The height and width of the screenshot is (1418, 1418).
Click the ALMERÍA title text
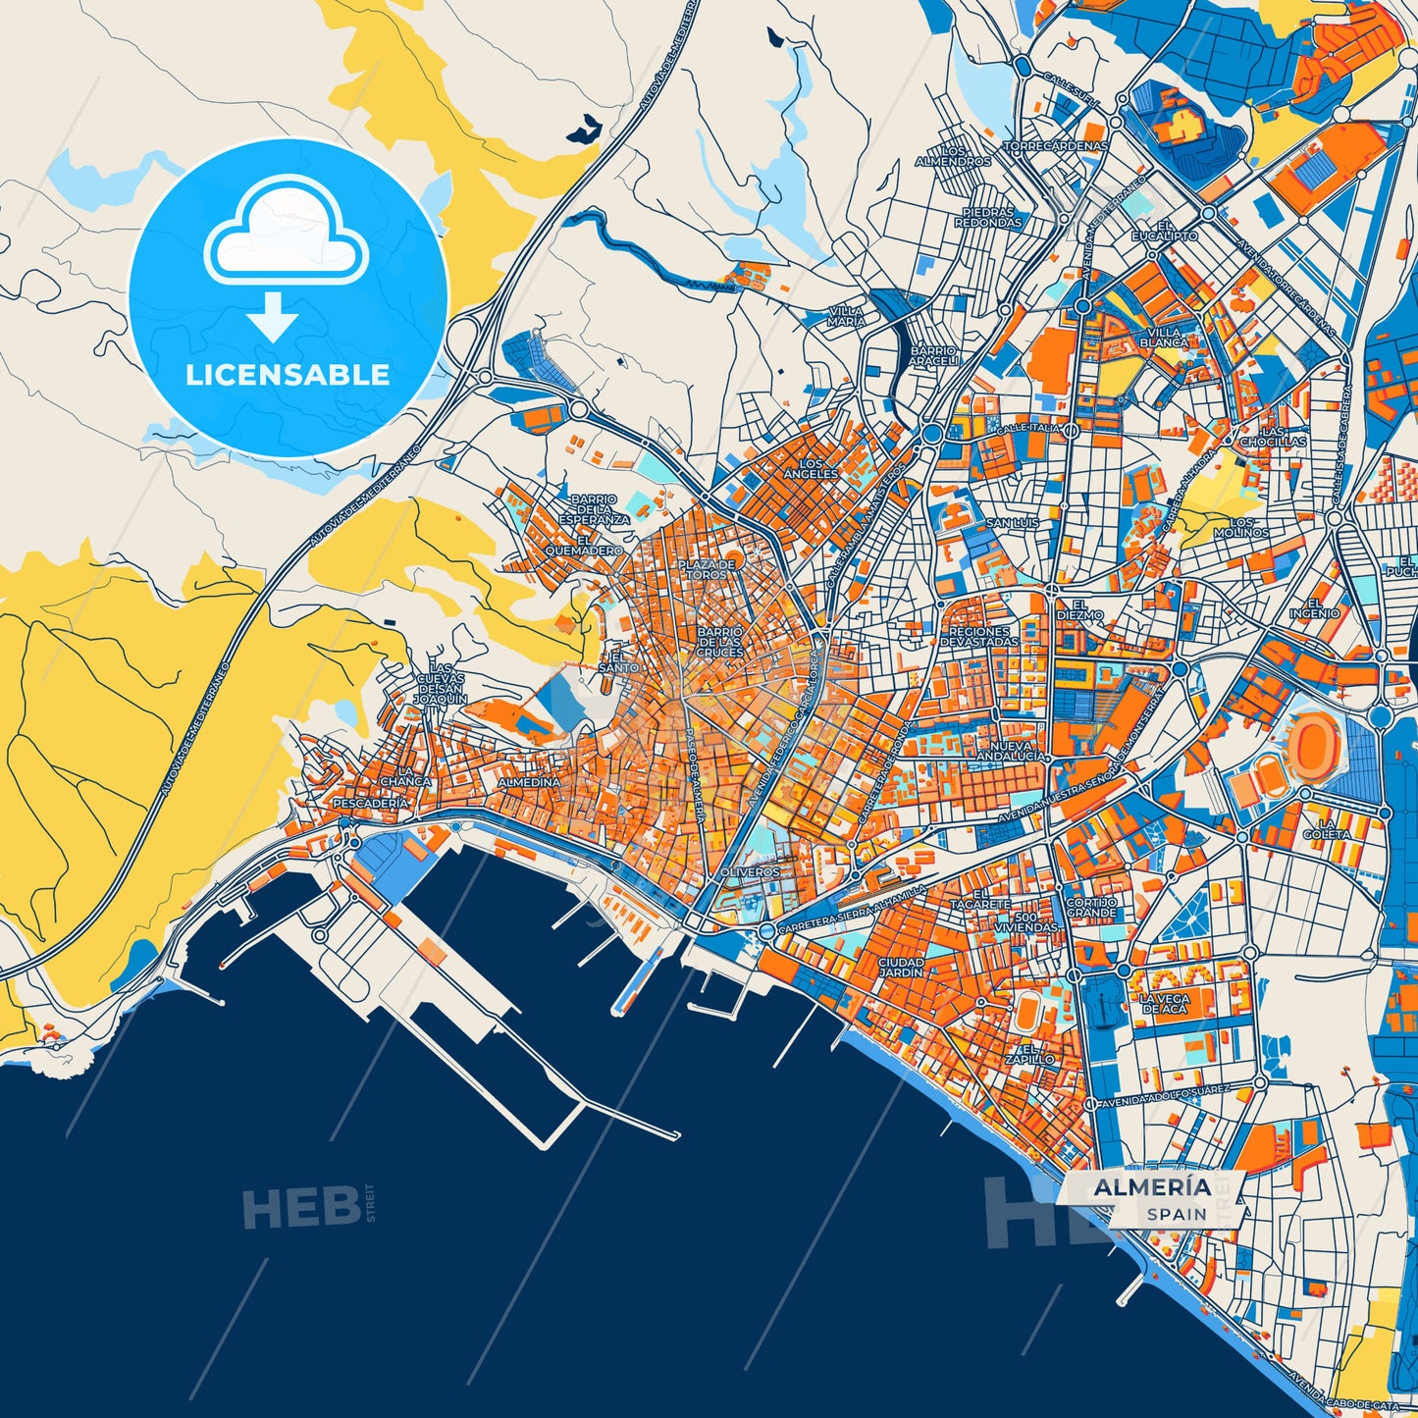1152,1187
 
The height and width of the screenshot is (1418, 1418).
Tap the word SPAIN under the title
1178,1214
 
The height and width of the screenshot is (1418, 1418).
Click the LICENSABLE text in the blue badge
288,375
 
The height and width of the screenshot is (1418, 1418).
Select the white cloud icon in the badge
286,231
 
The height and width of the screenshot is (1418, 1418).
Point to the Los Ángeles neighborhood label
811,468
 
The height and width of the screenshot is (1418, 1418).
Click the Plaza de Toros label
706,569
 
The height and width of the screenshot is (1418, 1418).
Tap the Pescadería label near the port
370,803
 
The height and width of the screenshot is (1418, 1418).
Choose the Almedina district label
529,783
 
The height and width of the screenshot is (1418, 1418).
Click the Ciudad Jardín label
901,968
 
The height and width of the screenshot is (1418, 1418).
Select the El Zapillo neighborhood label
1030,1054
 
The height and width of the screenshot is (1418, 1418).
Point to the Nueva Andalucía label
1011,751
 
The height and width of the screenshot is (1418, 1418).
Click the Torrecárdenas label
1054,146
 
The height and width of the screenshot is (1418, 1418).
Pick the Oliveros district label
750,871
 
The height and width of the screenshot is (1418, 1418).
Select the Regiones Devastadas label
979,636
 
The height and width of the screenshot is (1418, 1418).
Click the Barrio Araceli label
932,355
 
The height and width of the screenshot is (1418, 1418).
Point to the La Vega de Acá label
1164,1004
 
